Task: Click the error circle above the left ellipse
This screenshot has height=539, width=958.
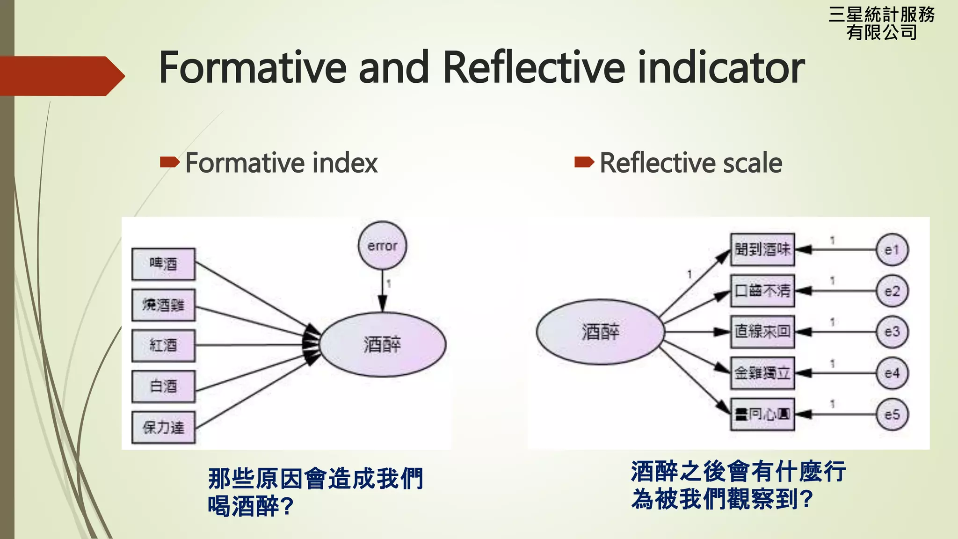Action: [382, 246]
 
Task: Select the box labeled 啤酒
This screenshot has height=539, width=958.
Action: [163, 264]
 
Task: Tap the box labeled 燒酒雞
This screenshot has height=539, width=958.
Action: [163, 305]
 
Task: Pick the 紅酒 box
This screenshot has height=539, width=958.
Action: [163, 346]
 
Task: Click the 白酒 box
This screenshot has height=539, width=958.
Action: [163, 386]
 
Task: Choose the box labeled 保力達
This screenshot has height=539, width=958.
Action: [163, 427]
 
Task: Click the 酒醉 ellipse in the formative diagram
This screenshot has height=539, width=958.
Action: [383, 345]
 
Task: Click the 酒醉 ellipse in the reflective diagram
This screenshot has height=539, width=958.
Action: [600, 332]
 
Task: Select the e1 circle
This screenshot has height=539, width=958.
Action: [892, 250]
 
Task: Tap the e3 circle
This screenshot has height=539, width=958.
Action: [892, 332]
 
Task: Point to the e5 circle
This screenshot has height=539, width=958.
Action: [892, 414]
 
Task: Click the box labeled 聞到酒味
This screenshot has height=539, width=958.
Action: [762, 249]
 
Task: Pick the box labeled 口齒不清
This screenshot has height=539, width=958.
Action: [762, 291]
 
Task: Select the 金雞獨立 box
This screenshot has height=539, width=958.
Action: [762, 373]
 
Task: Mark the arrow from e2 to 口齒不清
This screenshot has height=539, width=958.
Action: [835, 291]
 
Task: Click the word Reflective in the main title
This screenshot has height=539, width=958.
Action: [533, 68]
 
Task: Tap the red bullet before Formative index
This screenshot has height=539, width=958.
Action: [169, 162]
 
